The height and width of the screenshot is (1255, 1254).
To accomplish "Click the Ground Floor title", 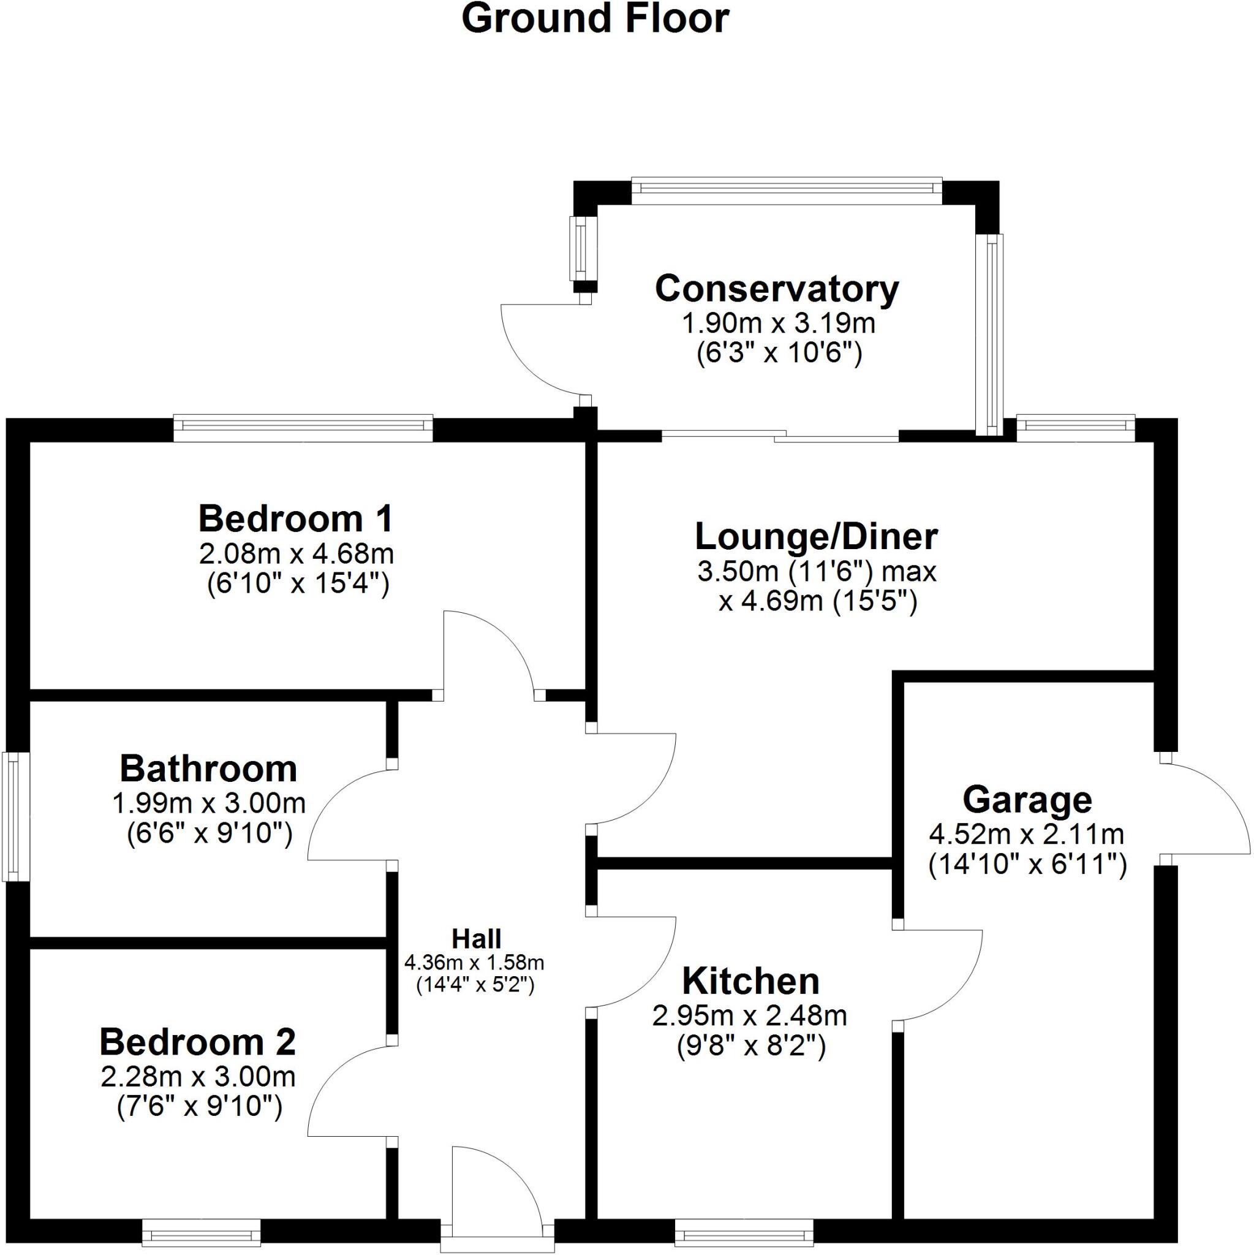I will [595, 19].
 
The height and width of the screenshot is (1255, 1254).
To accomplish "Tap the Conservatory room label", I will [777, 289].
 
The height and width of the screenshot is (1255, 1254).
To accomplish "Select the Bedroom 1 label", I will [295, 519].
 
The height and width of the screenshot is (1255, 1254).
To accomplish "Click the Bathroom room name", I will [208, 769].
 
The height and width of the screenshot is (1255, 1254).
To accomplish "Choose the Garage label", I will [1027, 800].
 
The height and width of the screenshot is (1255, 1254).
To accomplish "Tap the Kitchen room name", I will [750, 982].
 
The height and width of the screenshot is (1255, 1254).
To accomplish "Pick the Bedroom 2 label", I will [197, 1042].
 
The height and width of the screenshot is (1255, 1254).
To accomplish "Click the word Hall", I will [477, 939].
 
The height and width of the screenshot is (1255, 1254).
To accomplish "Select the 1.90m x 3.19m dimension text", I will [778, 324].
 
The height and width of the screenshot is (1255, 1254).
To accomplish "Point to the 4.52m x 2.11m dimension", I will [1027, 833].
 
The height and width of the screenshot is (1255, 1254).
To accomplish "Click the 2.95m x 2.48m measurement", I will [750, 1015].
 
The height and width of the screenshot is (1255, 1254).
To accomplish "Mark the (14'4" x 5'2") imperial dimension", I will [475, 985].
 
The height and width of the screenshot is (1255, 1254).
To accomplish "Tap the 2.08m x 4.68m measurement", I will [296, 554].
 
